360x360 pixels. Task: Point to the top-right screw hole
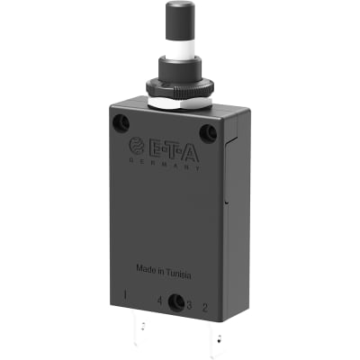(x=210, y=133)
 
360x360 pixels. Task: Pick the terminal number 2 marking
(x=206, y=308)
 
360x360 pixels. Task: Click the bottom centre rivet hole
(x=176, y=304)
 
